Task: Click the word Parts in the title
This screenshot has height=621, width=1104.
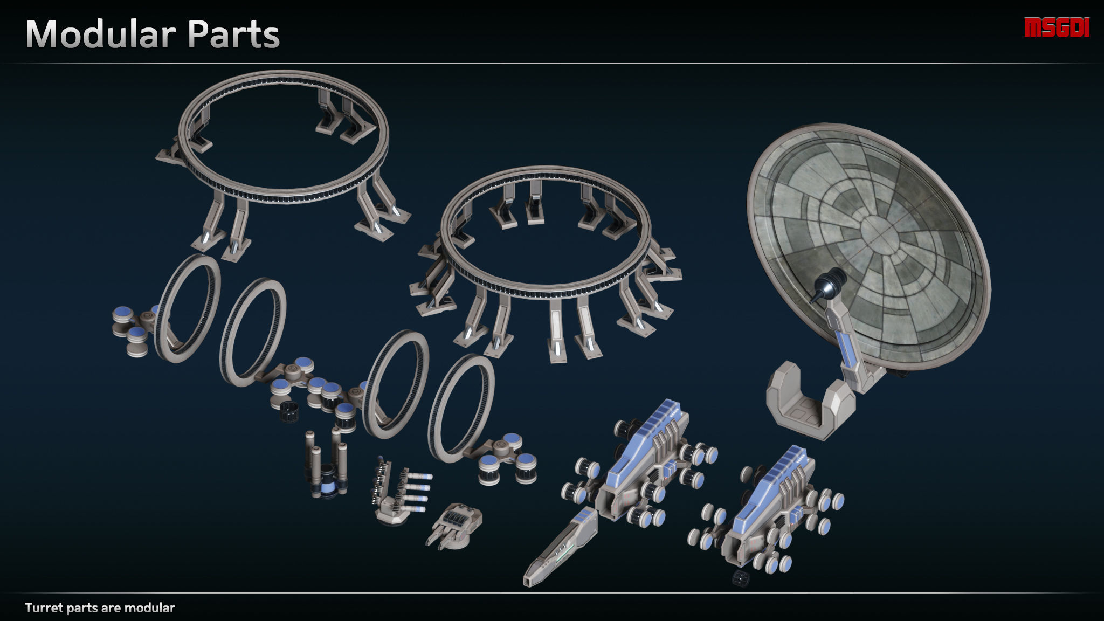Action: point(233,34)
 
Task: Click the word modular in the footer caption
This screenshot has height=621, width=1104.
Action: point(149,608)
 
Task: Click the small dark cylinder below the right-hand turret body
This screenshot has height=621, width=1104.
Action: point(741,579)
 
